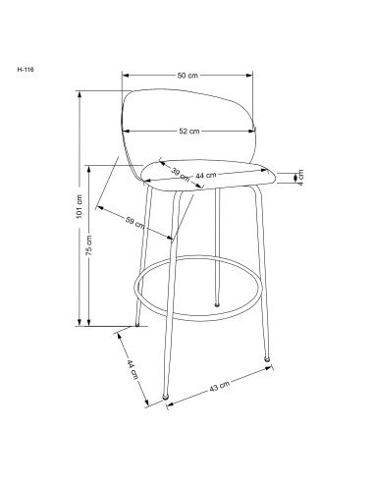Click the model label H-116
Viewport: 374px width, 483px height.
(26, 70)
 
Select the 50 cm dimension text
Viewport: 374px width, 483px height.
(187, 76)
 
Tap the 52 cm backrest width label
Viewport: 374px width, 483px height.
(188, 131)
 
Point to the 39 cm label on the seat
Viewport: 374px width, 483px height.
(181, 175)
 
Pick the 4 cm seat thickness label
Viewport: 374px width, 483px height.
(300, 178)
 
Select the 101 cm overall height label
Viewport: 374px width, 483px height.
(80, 206)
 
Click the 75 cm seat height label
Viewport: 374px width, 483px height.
(89, 245)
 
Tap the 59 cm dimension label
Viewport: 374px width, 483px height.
(134, 222)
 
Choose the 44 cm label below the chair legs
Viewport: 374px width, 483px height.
(133, 369)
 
